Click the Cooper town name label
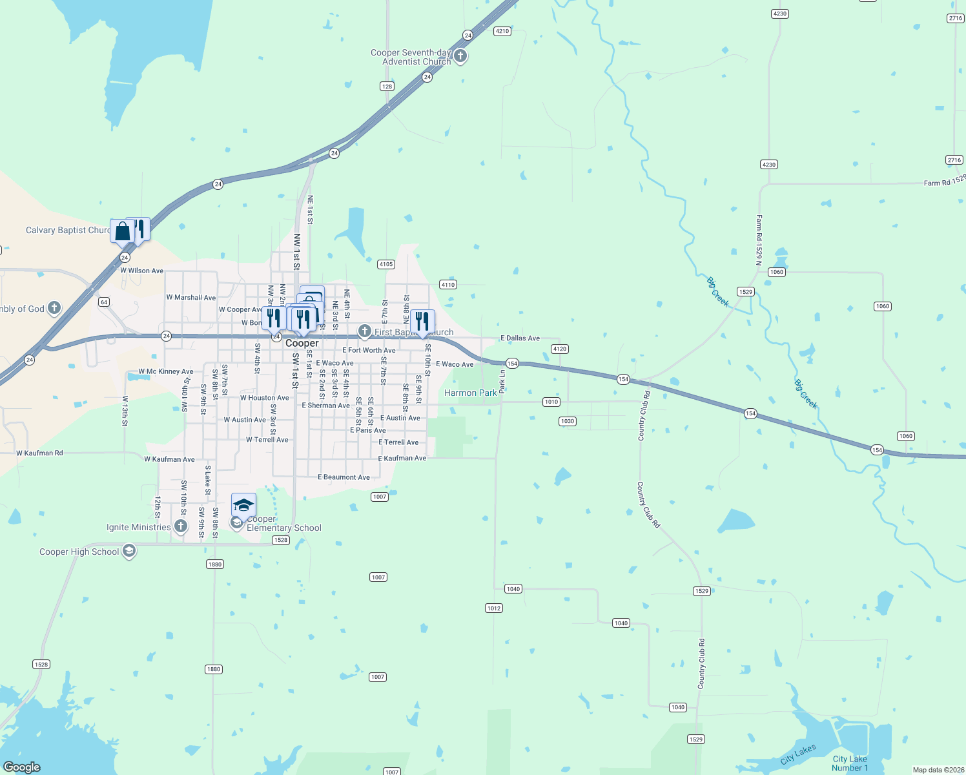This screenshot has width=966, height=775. point(302,344)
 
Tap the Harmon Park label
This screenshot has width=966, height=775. point(470,393)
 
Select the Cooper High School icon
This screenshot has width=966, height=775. point(129,551)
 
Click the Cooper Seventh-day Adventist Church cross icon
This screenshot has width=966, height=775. point(460,56)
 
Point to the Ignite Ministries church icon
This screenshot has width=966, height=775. point(181,526)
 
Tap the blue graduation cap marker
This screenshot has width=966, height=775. point(243,504)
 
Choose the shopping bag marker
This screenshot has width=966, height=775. point(122,231)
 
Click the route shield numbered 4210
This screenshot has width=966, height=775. point(502,31)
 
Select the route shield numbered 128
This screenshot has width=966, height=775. point(387,86)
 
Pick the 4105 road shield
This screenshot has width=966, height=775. point(385,264)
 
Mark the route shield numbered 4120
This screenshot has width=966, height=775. point(559,349)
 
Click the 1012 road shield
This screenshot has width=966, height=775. point(493,608)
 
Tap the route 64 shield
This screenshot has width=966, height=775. point(103,302)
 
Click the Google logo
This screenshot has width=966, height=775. point(22,767)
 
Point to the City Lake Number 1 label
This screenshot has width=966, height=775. point(849,763)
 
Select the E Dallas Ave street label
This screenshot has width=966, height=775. point(520,338)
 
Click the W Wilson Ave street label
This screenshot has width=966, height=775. point(141,271)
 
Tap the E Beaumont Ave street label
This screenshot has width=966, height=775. point(344,477)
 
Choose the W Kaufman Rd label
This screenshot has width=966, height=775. point(39,453)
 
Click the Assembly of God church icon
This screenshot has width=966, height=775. point(54,308)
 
